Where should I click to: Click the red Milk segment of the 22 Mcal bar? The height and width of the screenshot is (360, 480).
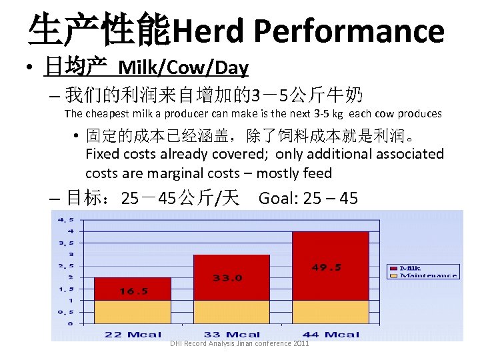[x=132, y=289]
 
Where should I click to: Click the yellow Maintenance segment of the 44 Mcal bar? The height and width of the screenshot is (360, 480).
[x=330, y=311]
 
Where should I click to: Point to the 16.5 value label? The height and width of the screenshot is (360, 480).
[x=133, y=291]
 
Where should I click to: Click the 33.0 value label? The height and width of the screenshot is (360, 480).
[x=228, y=278]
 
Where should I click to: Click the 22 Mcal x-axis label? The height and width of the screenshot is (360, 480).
[x=133, y=334]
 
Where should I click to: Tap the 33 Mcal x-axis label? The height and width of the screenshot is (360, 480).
[x=232, y=334]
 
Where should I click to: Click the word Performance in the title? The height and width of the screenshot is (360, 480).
[x=349, y=31]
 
